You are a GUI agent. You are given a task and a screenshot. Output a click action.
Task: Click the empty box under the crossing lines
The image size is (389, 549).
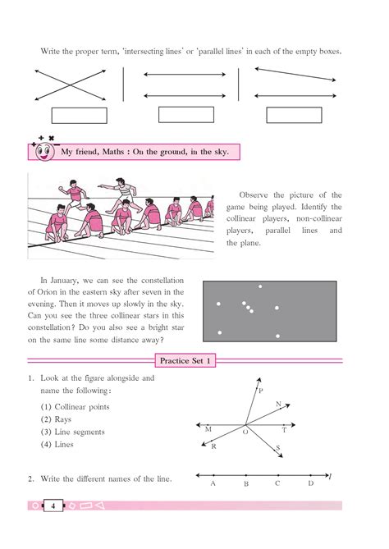point(79,116)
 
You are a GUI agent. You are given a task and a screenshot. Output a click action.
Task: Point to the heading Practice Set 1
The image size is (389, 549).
point(186,360)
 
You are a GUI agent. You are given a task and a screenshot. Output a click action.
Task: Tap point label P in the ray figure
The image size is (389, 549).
point(261,391)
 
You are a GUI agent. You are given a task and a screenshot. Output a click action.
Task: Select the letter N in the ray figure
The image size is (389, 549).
point(279,404)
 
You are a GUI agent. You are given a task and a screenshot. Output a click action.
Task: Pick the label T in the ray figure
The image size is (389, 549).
point(284,429)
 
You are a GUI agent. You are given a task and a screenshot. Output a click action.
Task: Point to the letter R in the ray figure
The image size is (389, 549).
point(213,447)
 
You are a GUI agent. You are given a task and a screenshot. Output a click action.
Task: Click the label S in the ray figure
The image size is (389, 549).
point(278,448)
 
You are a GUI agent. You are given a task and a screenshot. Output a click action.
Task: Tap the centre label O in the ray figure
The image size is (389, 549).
point(245,431)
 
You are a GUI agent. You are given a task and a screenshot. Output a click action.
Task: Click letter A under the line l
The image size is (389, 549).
point(213,484)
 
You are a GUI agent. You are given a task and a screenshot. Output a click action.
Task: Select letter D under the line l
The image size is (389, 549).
point(310,483)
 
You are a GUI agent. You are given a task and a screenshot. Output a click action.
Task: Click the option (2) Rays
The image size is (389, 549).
point(58,419)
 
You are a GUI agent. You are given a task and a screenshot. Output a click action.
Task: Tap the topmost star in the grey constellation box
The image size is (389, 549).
point(261,286)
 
